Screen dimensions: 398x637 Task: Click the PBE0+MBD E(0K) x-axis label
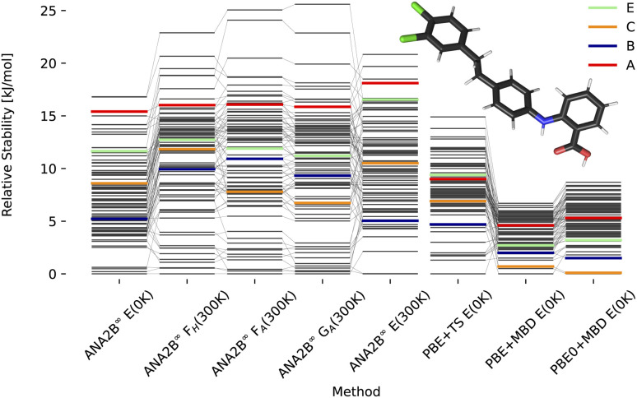pyautogui.click(x=597, y=329)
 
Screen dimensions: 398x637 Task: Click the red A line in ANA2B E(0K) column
pyautogui.click(x=119, y=111)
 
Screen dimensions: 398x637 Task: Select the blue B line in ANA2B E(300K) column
pyautogui.click(x=391, y=221)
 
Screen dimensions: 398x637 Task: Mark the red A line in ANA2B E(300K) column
pyautogui.click(x=391, y=83)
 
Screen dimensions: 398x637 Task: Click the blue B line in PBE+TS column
pyautogui.click(x=458, y=224)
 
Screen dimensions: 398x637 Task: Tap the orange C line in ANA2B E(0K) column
pyautogui.click(x=119, y=183)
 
